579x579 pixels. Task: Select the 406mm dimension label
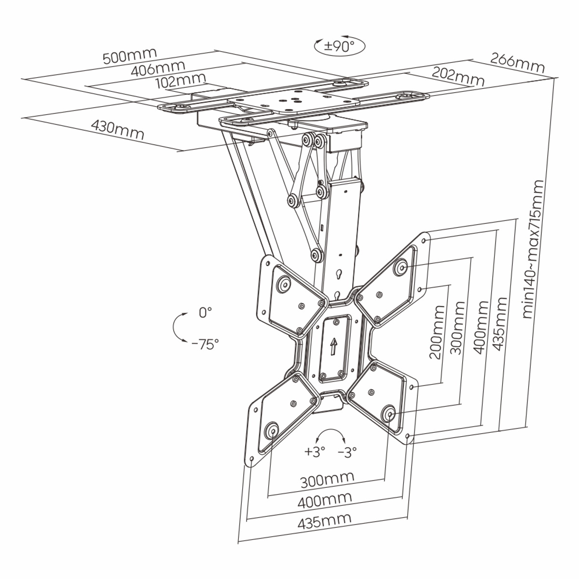[x=158, y=69]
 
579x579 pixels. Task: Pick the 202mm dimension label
[x=457, y=77]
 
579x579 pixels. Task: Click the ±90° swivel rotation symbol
[x=339, y=46]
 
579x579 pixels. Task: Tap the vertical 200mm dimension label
[x=436, y=331]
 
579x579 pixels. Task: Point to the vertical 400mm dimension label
[x=482, y=327]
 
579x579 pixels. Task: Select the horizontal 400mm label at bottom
[x=324, y=499]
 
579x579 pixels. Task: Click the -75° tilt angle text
[x=205, y=344]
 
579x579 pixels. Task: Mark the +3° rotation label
[x=315, y=452]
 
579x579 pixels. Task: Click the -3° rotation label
[x=347, y=452]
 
